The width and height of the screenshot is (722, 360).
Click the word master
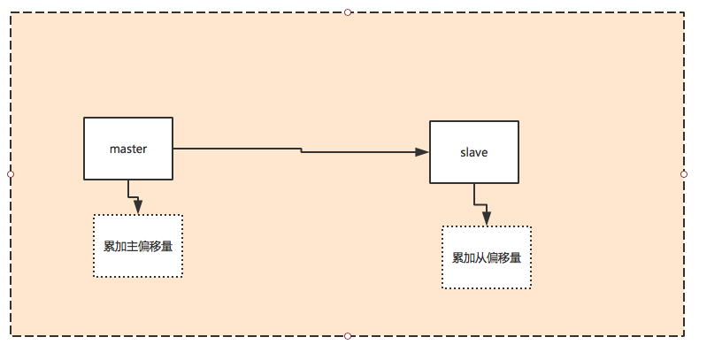[x=128, y=149]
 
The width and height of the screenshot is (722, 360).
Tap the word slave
[x=474, y=152]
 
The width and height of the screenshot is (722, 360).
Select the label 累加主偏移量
[x=138, y=246]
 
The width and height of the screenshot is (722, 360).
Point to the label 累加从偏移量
[x=487, y=257]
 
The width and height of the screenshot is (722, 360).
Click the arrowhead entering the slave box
[x=422, y=152]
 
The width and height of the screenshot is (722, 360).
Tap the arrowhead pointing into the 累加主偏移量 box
[x=137, y=207]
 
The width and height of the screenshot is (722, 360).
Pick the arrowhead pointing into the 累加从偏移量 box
[x=487, y=218]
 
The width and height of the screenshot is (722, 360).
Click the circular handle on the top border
[x=348, y=12]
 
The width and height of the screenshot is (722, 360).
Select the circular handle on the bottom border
[x=348, y=336]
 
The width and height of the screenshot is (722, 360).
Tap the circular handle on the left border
[x=11, y=174]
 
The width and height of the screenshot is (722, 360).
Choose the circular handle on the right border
[x=684, y=174]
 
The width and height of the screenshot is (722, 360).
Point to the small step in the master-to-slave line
[x=301, y=150]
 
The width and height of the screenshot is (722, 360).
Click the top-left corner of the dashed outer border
[x=11, y=12]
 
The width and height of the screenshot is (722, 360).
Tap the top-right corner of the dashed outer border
[x=684, y=12]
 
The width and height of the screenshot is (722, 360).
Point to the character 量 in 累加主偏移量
[x=167, y=246]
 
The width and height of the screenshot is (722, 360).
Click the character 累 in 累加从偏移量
[x=458, y=257]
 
